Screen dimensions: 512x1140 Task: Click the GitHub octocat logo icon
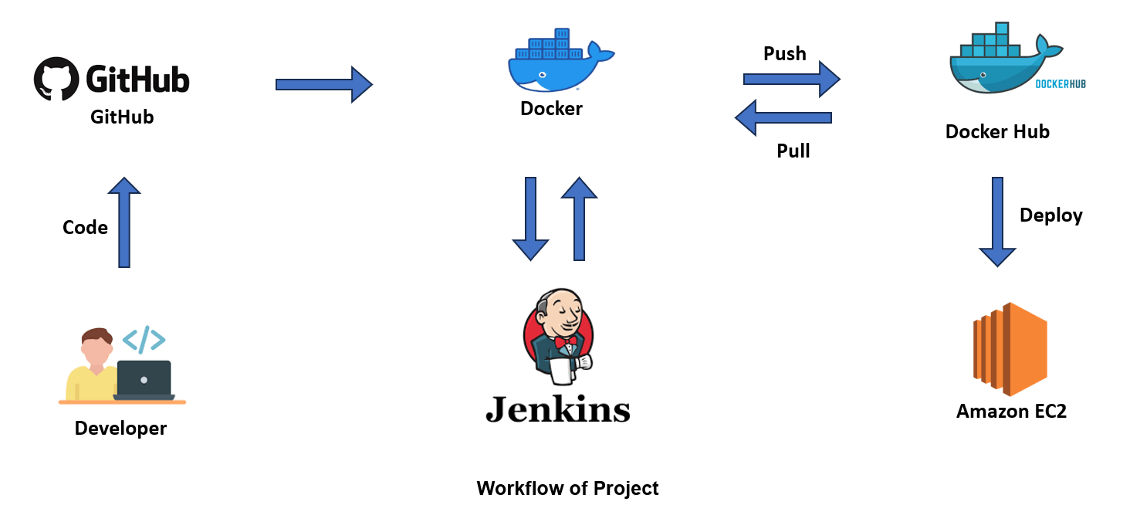coord(56,78)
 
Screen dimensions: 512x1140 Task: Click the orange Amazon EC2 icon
coord(1010,349)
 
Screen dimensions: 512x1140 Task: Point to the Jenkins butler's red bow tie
coord(566,341)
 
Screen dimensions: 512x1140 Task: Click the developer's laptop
coord(144,379)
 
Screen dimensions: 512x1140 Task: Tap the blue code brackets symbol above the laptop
coord(144,340)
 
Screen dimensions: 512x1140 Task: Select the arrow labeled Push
coord(791,79)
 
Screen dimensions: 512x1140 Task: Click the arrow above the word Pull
coord(783,118)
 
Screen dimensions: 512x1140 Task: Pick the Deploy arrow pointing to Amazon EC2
coord(997,221)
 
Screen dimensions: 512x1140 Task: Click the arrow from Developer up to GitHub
coord(124,222)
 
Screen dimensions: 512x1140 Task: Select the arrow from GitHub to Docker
coord(323,84)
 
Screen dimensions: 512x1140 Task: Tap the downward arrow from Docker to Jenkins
coord(530,219)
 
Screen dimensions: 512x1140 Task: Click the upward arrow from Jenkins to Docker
coord(579,219)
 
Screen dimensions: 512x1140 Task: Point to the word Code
coord(85,228)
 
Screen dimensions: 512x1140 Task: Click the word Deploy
coord(1050,215)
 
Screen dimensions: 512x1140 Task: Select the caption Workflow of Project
coord(567,489)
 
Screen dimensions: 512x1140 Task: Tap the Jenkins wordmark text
coord(557,409)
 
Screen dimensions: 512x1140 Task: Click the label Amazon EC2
coord(1011,412)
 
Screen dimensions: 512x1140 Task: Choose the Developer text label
coord(120,429)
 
